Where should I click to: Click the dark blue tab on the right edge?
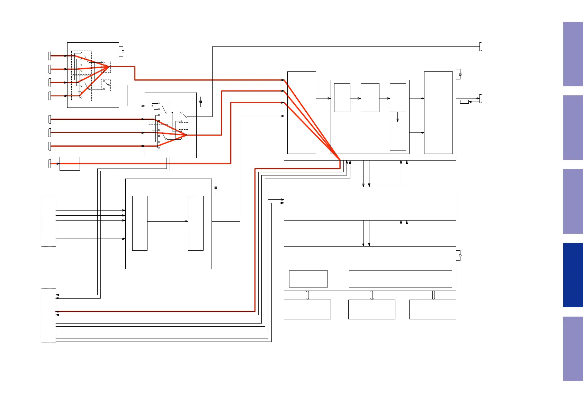(573, 275)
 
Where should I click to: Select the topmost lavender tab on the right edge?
(573, 54)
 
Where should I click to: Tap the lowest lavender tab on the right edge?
(573, 349)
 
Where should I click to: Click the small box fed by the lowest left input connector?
(70, 164)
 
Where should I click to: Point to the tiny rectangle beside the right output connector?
(464, 102)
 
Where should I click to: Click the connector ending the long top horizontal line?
(481, 46)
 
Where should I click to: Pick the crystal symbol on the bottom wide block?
(460, 256)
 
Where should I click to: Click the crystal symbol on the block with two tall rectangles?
(215, 188)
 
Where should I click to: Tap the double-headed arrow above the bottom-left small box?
(307, 295)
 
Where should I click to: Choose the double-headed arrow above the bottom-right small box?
(433, 295)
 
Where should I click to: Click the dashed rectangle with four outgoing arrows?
(48, 221)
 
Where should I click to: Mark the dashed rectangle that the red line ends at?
(48, 316)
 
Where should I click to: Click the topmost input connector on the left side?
(50, 55)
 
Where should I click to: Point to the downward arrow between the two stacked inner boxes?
(397, 117)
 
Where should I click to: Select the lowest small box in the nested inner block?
(398, 136)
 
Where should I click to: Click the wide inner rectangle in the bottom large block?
(400, 279)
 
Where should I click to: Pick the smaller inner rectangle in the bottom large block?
(308, 279)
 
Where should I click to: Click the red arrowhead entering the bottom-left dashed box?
(57, 311)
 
